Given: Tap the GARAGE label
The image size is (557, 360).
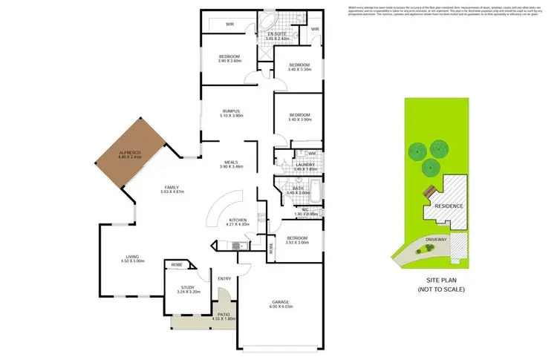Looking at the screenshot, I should click(x=280, y=302).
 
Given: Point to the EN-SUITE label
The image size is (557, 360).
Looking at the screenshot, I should click(x=278, y=34).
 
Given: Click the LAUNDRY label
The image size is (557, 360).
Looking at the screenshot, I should click(x=304, y=165).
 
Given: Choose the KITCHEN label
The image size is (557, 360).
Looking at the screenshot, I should click(x=238, y=220).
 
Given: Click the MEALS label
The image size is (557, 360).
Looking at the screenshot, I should click(x=238, y=161).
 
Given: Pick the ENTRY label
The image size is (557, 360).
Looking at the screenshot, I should click(x=225, y=278).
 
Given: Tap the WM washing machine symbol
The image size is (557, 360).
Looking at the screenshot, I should click(x=313, y=154).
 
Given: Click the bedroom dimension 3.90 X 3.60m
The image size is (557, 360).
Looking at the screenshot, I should click(x=229, y=62).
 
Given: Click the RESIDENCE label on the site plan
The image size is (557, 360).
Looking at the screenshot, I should click(x=449, y=206).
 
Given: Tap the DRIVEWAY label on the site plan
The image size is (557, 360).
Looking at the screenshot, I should click(x=435, y=240).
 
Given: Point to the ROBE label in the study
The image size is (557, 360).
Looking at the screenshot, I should click(x=177, y=265).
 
